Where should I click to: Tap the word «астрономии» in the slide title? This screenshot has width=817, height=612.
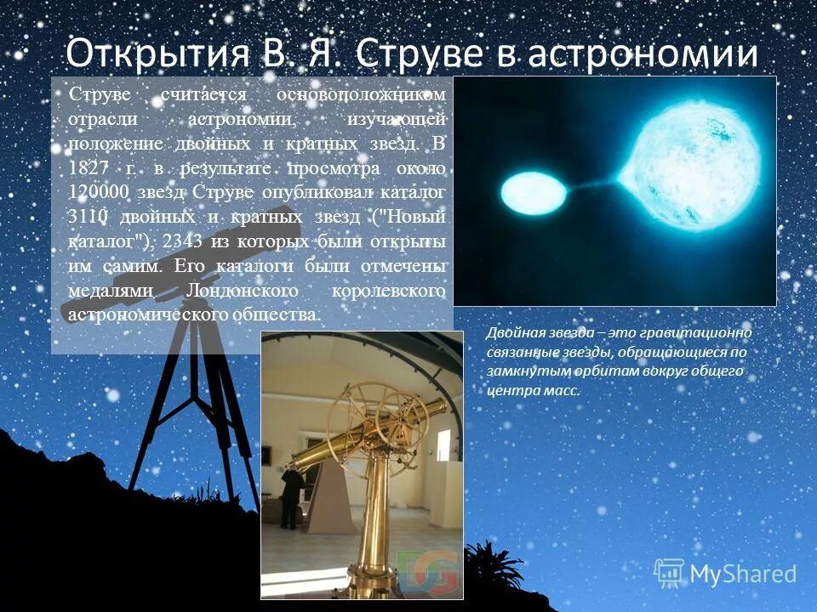[642, 55]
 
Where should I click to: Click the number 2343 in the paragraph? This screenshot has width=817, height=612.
[188, 241]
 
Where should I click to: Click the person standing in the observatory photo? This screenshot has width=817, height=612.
[292, 496]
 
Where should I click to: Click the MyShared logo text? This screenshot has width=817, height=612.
[743, 574]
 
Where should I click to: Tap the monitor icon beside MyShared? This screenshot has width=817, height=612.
[669, 572]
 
